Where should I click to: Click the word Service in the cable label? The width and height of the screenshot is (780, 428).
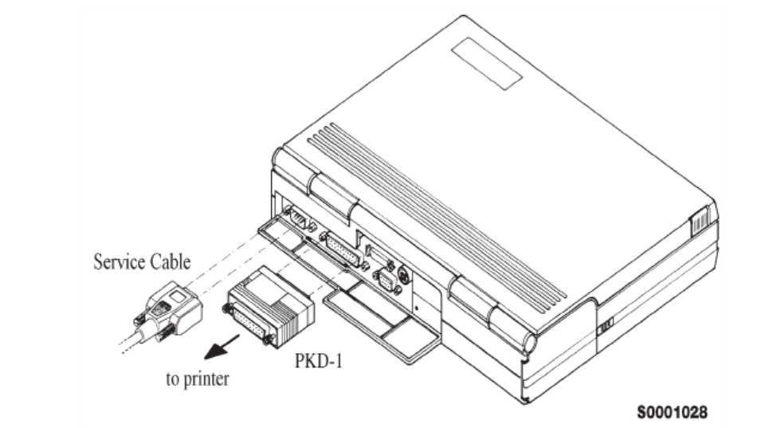pyautogui.click(x=119, y=261)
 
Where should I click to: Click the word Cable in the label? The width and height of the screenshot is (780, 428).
pyautogui.click(x=171, y=261)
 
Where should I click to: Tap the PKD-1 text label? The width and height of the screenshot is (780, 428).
pyautogui.click(x=319, y=361)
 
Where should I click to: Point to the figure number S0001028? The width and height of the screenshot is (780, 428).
pyautogui.click(x=672, y=412)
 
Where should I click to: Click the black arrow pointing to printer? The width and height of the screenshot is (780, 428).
pyautogui.click(x=221, y=347)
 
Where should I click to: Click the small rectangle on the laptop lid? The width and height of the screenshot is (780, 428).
pyautogui.click(x=487, y=64)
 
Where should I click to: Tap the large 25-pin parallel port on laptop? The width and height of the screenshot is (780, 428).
pyautogui.click(x=343, y=249)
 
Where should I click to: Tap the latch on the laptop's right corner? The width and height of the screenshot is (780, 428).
pyautogui.click(x=699, y=221)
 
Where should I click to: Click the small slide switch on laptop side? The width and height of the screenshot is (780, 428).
pyautogui.click(x=606, y=327)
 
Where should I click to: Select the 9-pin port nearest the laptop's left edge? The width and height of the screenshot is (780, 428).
pyautogui.click(x=299, y=218)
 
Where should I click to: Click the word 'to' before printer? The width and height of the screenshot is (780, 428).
pyautogui.click(x=172, y=379)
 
